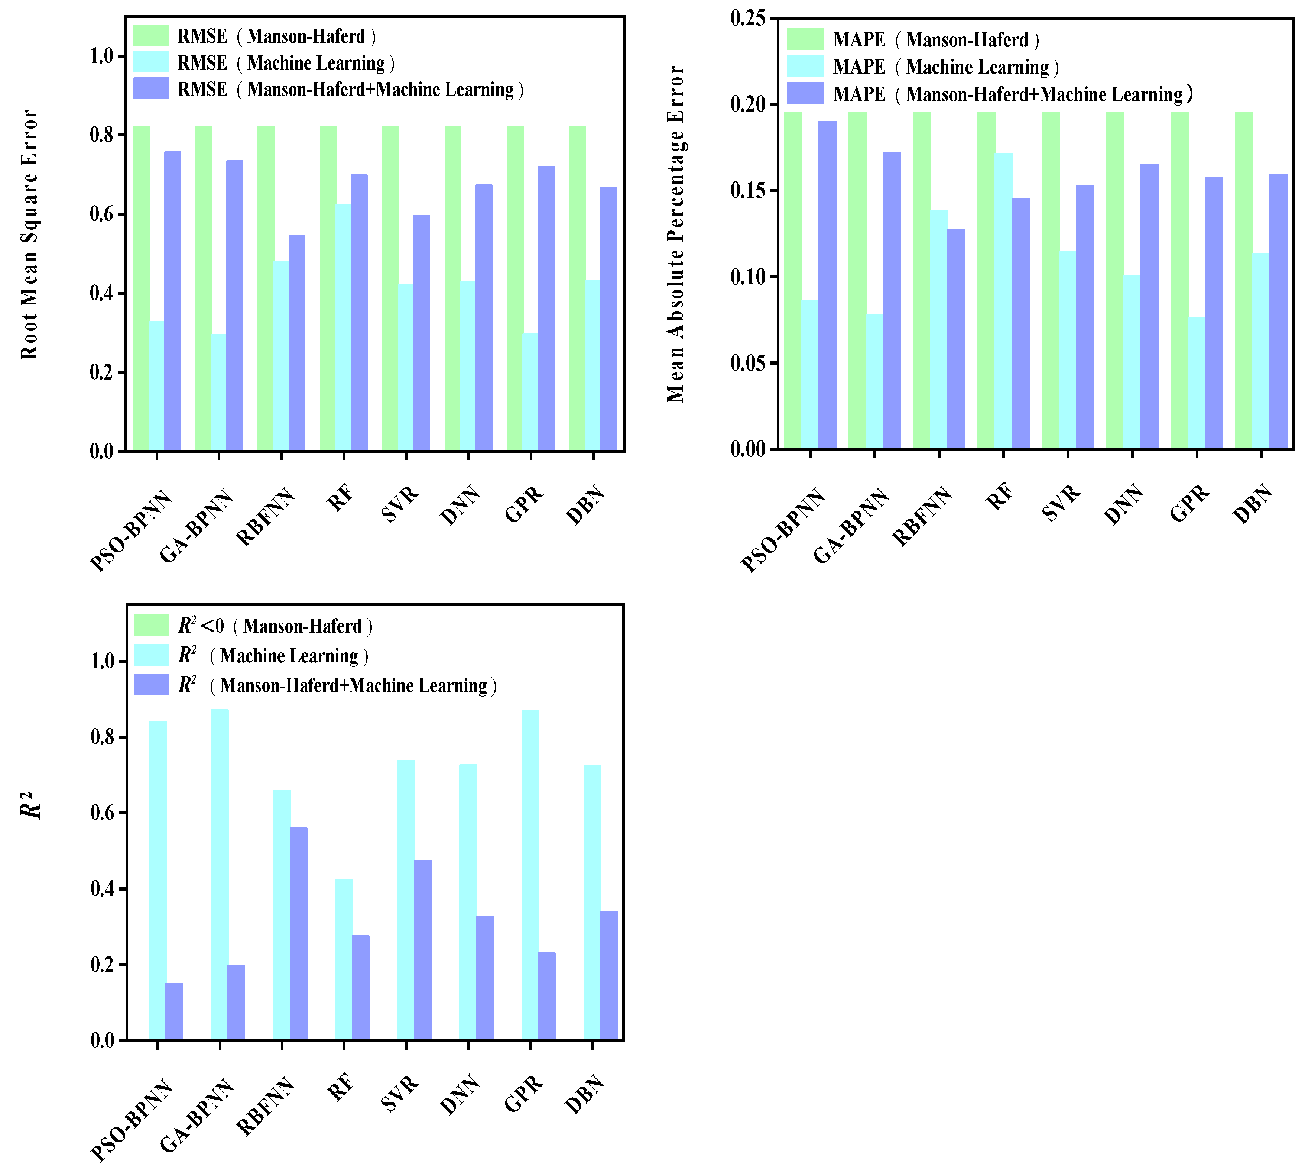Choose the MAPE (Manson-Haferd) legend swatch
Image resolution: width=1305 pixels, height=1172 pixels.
pos(804,39)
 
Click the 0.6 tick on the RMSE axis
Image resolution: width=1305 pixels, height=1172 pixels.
pos(102,214)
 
